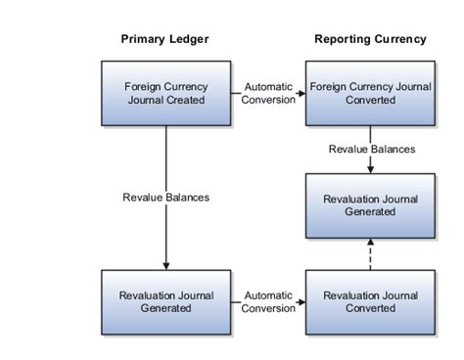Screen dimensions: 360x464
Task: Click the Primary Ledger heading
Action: pos(164,40)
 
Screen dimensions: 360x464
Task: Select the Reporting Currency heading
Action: pos(370,40)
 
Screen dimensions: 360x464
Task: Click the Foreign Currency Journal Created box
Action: pos(165,92)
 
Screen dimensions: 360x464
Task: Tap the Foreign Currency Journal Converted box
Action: pos(370,92)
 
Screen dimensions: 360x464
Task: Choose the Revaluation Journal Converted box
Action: pos(370,301)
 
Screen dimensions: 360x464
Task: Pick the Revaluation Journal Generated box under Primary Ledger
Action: pos(165,301)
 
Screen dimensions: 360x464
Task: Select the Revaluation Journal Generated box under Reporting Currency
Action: pos(370,204)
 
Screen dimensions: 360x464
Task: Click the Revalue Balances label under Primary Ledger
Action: pos(165,197)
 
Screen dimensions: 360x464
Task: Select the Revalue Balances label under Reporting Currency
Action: pos(370,149)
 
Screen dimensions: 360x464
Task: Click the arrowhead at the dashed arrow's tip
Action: pos(370,241)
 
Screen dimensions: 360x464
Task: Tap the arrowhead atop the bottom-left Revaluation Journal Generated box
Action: pos(165,265)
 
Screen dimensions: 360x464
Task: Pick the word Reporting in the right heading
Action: pos(342,40)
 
